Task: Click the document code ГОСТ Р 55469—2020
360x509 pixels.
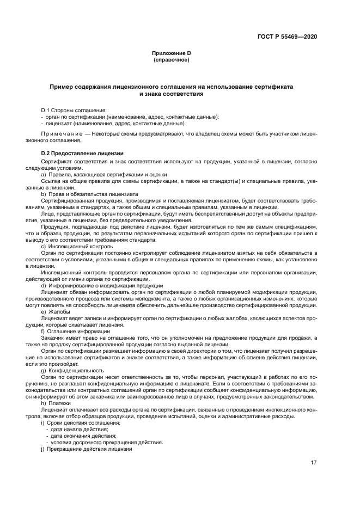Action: point(287,36)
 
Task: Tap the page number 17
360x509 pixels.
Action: point(314,463)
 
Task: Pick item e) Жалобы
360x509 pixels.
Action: point(58,311)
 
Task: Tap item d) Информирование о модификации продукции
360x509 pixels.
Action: point(99,285)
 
